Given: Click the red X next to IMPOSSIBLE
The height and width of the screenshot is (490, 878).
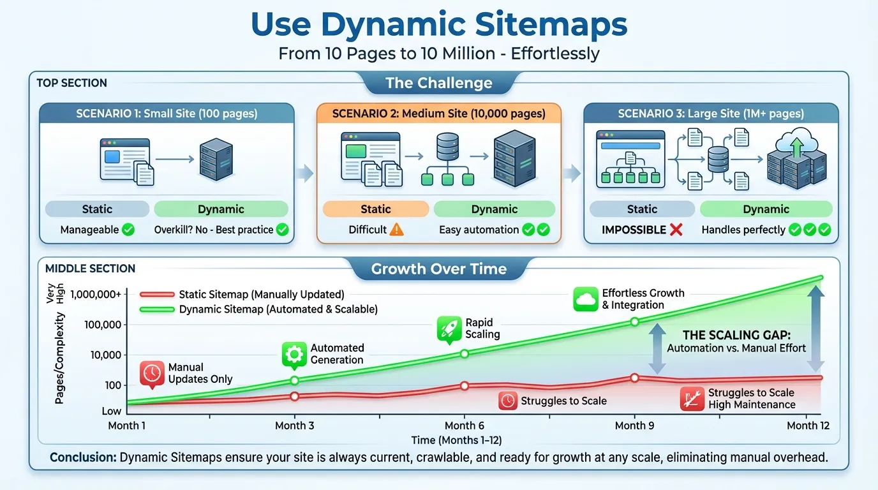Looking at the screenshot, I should [676, 230].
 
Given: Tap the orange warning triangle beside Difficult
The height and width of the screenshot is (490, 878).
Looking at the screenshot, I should [396, 230].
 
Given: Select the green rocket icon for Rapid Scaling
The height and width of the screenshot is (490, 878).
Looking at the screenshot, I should [449, 329].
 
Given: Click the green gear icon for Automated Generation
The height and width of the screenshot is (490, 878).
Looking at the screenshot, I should [294, 355].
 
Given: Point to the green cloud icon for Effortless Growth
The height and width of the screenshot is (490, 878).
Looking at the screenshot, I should [585, 299].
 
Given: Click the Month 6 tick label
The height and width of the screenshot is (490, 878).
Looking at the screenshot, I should [465, 426].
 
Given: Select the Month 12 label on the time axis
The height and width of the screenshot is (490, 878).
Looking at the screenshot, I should [808, 426].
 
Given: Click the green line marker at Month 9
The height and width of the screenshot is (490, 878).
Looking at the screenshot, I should [635, 322].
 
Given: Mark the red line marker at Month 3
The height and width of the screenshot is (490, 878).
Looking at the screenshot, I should [294, 396].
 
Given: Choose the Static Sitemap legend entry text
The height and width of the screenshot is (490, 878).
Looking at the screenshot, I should [262, 294].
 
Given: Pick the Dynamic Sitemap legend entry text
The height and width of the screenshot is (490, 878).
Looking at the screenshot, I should [278, 309].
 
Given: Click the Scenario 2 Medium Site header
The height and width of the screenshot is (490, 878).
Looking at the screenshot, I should [439, 114].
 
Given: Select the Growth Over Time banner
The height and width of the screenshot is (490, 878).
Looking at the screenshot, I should [439, 269].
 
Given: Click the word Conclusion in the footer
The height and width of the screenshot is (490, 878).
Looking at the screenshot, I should [82, 457].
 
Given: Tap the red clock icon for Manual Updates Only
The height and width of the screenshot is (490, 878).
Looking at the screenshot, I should [152, 374].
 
